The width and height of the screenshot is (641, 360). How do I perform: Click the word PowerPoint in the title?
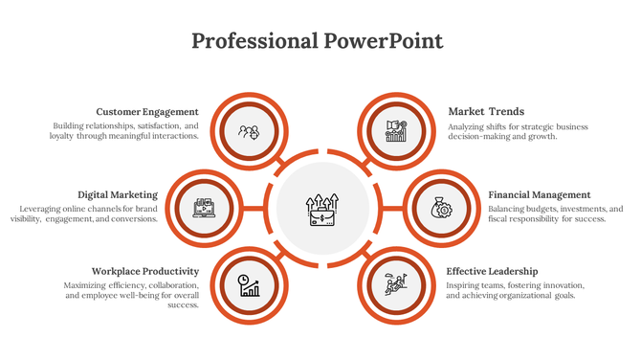pyautogui.click(x=383, y=41)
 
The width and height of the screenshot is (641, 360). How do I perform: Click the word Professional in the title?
pyautogui.click(x=254, y=41)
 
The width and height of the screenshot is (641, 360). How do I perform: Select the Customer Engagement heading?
pyautogui.click(x=147, y=112)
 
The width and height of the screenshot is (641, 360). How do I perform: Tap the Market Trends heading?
pyautogui.click(x=486, y=112)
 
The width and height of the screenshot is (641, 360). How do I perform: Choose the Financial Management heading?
pyautogui.click(x=540, y=194)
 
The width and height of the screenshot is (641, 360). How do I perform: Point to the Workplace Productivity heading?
pyautogui.click(x=144, y=271)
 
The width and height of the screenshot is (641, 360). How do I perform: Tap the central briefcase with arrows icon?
pyautogui.click(x=320, y=209)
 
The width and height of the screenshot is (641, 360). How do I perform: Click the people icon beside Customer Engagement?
pyautogui.click(x=249, y=131)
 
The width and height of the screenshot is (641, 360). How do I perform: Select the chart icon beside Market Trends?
pyautogui.click(x=396, y=131)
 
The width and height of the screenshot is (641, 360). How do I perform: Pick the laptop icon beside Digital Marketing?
pyautogui.click(x=205, y=208)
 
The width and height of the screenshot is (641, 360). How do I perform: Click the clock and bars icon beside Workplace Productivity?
pyautogui.click(x=249, y=284)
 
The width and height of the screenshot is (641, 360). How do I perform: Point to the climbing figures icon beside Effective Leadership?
pyautogui.click(x=396, y=284)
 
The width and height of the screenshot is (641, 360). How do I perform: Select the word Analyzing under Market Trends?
pyautogui.click(x=471, y=126)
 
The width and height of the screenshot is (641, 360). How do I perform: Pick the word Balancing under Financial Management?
pyautogui.click(x=508, y=209)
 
